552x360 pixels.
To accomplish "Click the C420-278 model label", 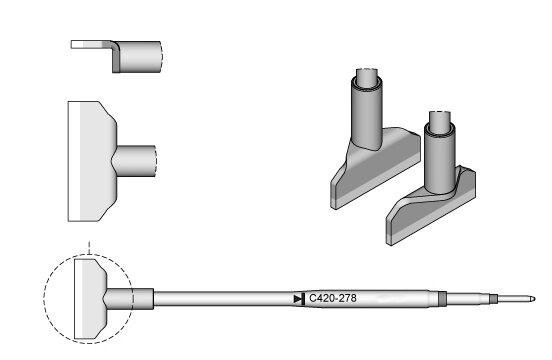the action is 333,298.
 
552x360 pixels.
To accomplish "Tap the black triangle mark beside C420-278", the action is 299,299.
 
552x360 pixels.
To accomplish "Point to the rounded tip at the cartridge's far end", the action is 533,299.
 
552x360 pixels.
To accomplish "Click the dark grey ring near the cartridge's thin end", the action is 443,299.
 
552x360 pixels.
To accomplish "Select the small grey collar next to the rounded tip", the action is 494,299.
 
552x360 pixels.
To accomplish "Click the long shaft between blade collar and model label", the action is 224,299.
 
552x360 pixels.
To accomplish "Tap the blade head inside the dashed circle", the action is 90,299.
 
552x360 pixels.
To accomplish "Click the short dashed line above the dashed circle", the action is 89,248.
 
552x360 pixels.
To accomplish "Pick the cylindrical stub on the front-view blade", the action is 135,161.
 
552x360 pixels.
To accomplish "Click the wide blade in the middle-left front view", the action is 92,162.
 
